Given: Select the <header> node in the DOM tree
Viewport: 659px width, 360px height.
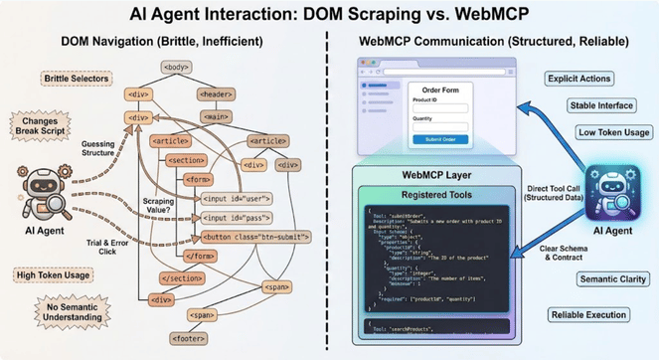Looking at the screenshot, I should click(x=218, y=94).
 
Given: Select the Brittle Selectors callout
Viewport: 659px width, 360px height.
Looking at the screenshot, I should click(x=77, y=78).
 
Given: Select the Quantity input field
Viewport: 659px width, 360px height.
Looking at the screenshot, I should click(x=440, y=126).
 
